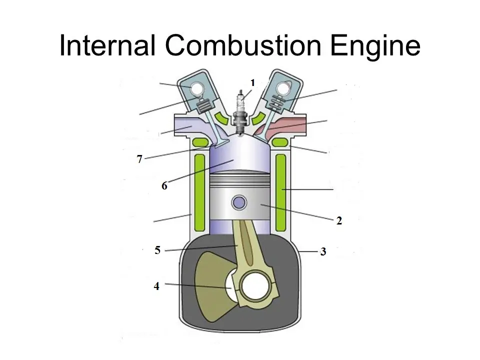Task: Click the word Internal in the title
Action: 107,45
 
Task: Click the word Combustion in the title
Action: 243,45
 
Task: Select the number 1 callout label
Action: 252,82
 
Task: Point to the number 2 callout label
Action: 339,220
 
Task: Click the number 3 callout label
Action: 323,251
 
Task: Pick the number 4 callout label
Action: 156,286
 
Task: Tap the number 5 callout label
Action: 157,250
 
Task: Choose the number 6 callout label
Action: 164,186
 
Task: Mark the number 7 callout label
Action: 139,159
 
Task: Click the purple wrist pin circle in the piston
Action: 239,202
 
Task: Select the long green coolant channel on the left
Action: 199,192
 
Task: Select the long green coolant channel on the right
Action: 280,192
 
